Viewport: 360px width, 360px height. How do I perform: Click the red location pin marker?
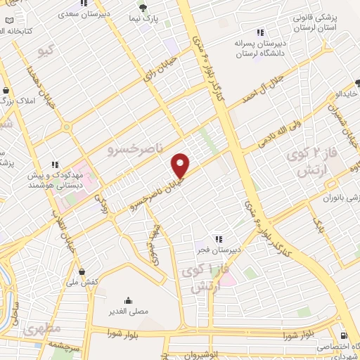(x=181, y=165)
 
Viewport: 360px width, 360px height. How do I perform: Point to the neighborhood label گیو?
(x=46, y=51)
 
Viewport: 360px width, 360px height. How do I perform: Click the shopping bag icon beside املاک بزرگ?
(x=6, y=90)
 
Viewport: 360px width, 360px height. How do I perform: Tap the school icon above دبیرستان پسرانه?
(x=260, y=32)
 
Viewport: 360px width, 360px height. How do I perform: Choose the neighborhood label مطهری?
(x=42, y=328)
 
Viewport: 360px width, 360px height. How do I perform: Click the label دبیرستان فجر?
(x=219, y=250)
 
